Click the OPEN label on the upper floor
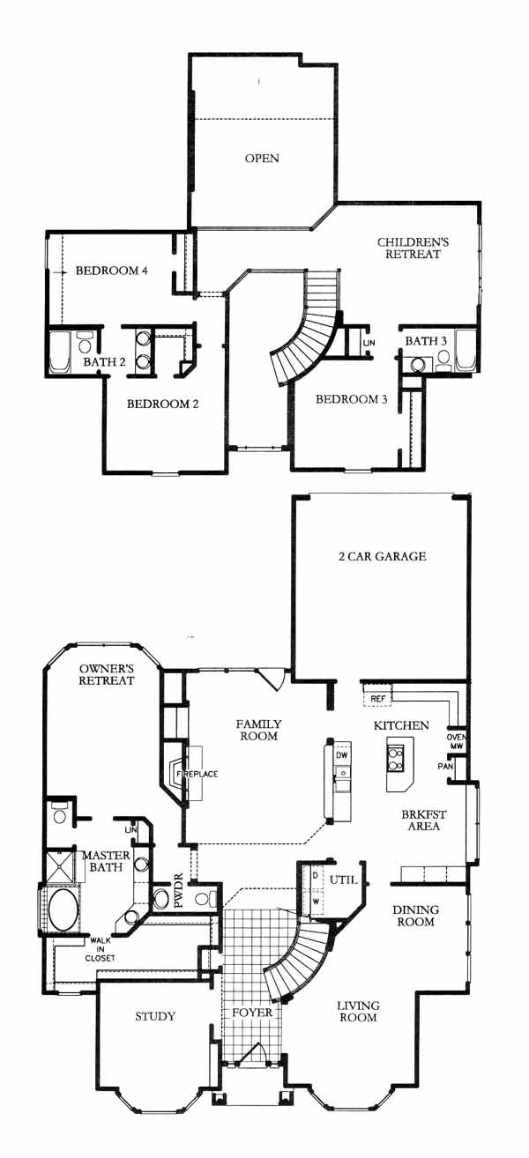262,159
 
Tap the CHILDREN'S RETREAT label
413,248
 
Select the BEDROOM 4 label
112,271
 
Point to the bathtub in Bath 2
59,352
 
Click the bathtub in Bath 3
464,349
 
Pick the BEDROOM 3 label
351,399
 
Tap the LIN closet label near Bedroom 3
369,343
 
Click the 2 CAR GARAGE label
382,556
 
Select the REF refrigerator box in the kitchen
378,699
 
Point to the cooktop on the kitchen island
397,759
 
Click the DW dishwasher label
342,755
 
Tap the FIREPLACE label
197,774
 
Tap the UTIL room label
343,880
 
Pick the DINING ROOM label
416,916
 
